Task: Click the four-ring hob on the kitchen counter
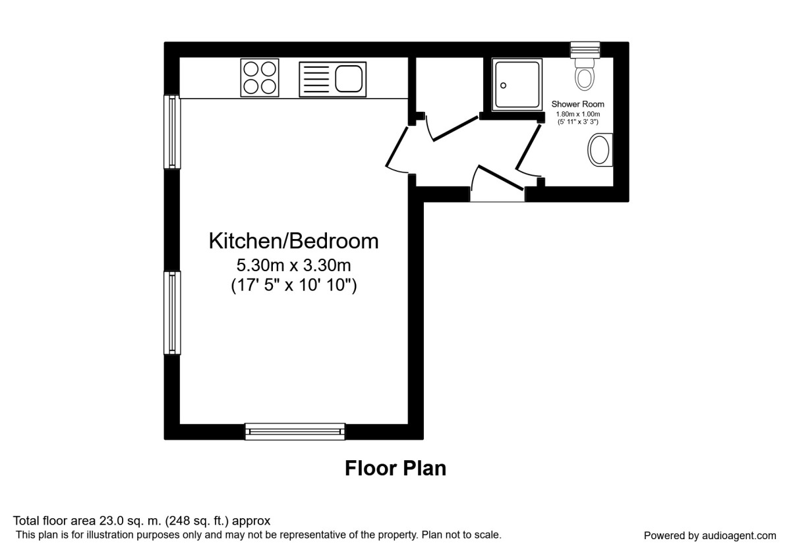[x=260, y=78]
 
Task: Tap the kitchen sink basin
[x=349, y=78]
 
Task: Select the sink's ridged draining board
[x=316, y=80]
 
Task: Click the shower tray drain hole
[x=503, y=86]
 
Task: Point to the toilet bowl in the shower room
[x=585, y=78]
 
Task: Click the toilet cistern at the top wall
[x=585, y=50]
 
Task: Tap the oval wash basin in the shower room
[x=600, y=150]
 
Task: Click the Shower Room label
[x=577, y=104]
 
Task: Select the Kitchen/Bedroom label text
[x=293, y=241]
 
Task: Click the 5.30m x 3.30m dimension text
[x=293, y=265]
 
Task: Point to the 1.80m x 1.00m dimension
[x=577, y=115]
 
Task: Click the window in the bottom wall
[x=295, y=431]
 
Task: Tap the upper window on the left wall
[x=172, y=132]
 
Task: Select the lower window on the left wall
[x=172, y=313]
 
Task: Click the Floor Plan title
[x=395, y=469]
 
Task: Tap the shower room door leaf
[x=528, y=147]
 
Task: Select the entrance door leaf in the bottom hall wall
[x=500, y=178]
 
